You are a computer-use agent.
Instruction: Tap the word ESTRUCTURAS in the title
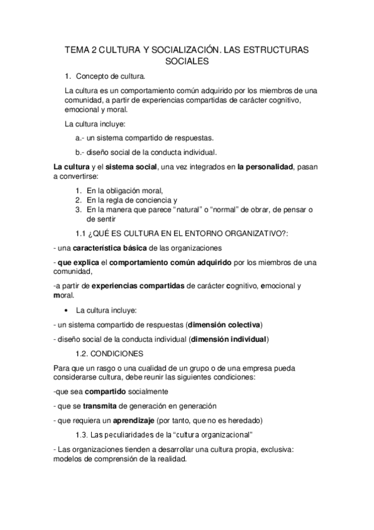coord(280,49)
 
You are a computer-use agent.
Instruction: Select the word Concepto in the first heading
coord(94,77)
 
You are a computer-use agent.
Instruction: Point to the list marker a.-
coord(80,137)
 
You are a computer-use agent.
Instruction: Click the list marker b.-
coord(80,152)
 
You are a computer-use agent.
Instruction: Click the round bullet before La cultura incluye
coord(66,311)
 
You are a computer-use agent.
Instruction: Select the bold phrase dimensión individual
coord(230,339)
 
